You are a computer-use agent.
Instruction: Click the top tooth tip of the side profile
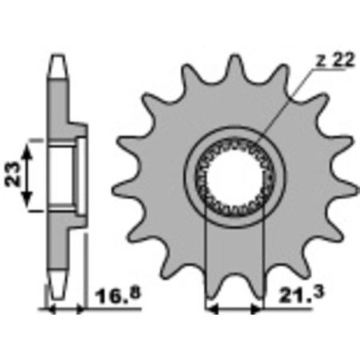click(x=57, y=62)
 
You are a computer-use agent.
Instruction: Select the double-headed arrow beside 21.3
click(x=233, y=307)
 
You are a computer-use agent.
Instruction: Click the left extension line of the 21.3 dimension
click(x=207, y=263)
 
